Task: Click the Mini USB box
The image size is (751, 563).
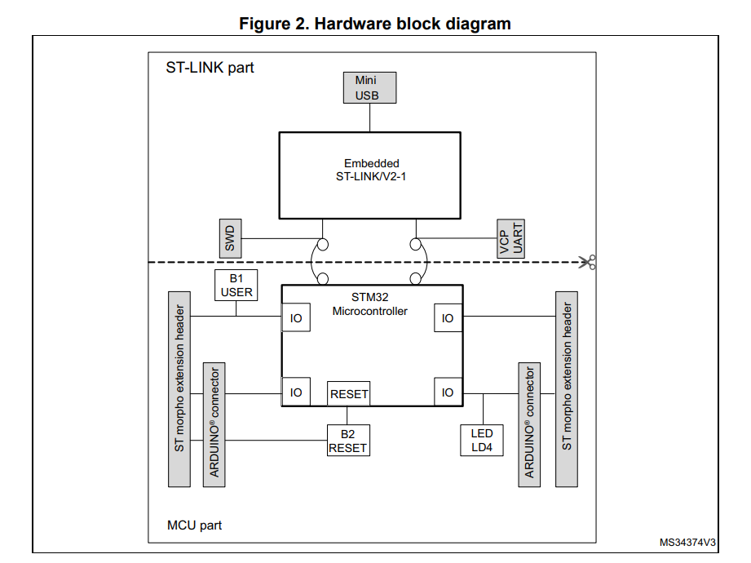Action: click(370, 88)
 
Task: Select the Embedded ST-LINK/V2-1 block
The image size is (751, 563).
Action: click(371, 175)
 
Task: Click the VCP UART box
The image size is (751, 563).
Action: click(511, 238)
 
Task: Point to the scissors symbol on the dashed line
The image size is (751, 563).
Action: click(587, 262)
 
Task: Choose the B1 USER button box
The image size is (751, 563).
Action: click(236, 285)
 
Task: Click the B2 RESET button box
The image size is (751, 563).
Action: click(347, 441)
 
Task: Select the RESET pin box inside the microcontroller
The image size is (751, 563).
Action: click(349, 393)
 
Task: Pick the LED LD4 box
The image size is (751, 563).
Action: click(482, 441)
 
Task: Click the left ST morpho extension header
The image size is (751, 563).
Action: click(179, 388)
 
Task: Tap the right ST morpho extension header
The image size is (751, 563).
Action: click(567, 388)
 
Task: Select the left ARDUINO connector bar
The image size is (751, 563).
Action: click(214, 425)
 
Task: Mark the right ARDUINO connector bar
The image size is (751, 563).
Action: click(528, 425)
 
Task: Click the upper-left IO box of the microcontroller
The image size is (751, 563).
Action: click(296, 318)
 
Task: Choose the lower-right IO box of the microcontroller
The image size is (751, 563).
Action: click(448, 392)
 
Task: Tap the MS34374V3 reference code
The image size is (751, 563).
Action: click(687, 543)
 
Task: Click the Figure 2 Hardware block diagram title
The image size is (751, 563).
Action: click(375, 24)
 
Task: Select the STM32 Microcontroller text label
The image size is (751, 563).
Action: click(369, 304)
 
